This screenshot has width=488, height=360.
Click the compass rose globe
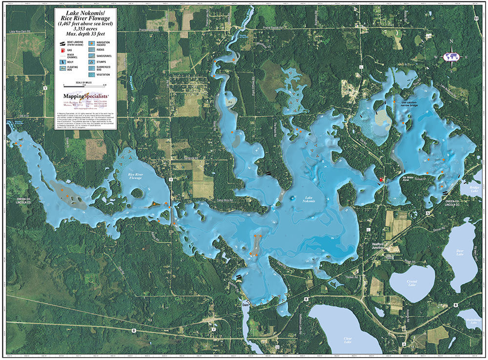(x=452, y=57)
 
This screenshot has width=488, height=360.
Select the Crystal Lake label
(x=412, y=282)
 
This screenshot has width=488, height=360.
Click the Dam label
(x=245, y=305)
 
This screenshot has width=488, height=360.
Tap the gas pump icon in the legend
(x=62, y=50)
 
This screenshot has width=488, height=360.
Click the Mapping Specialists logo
(x=81, y=96)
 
